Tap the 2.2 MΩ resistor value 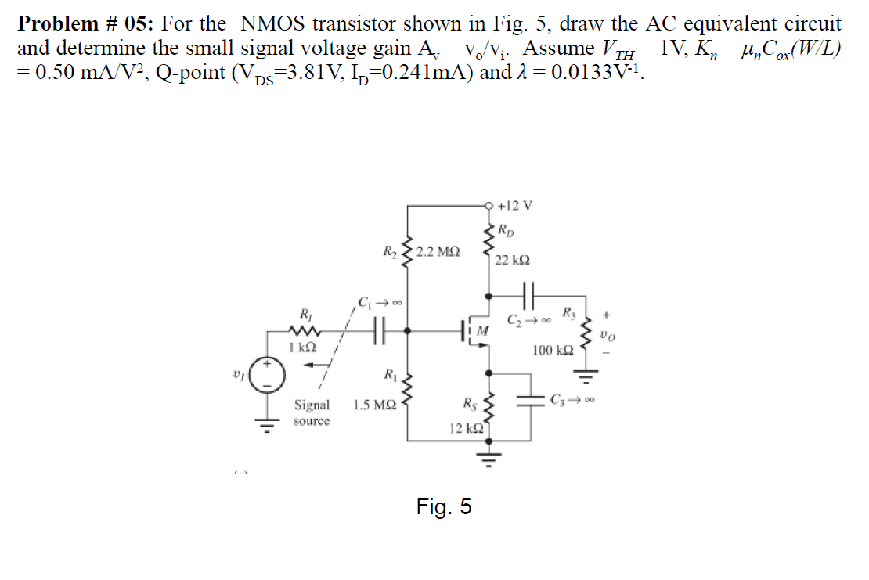coord(438,252)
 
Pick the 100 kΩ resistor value coord(553,351)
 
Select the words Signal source coord(312,412)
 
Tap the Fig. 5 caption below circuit coord(444,507)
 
